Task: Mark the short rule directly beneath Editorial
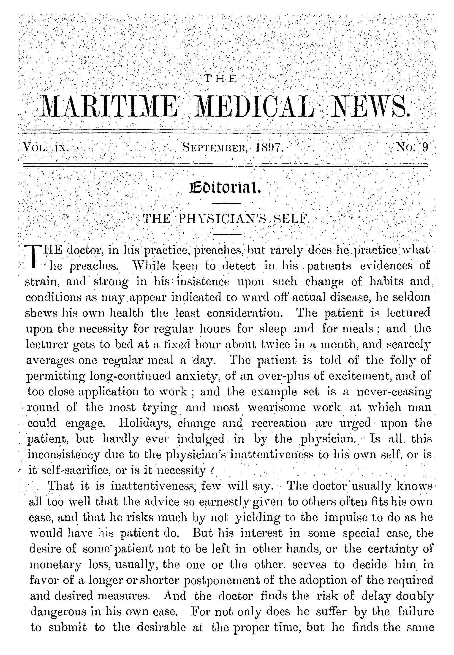[x=227, y=203]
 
